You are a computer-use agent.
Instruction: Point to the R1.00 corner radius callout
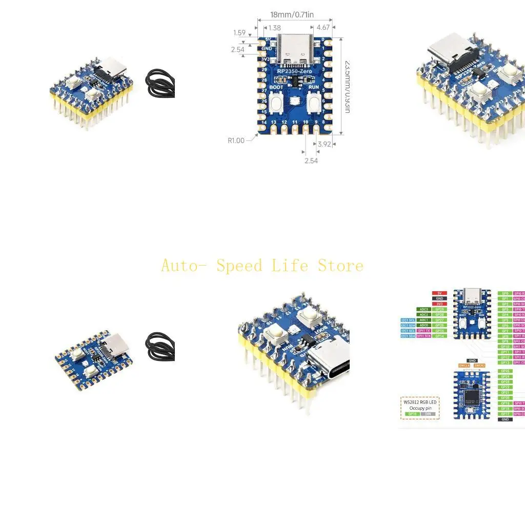coord(236,140)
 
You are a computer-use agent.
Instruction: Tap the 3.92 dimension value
coord(324,144)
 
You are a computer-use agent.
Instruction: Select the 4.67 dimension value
coord(323,28)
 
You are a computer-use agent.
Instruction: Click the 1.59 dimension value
coord(239,33)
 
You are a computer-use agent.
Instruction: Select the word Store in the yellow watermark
coord(340,266)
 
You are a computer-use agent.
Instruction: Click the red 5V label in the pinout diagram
coord(439,293)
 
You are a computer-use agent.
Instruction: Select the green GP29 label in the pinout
coord(439,309)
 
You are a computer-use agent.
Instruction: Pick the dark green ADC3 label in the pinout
coord(423,309)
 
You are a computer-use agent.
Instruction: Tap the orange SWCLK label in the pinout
coord(464,365)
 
